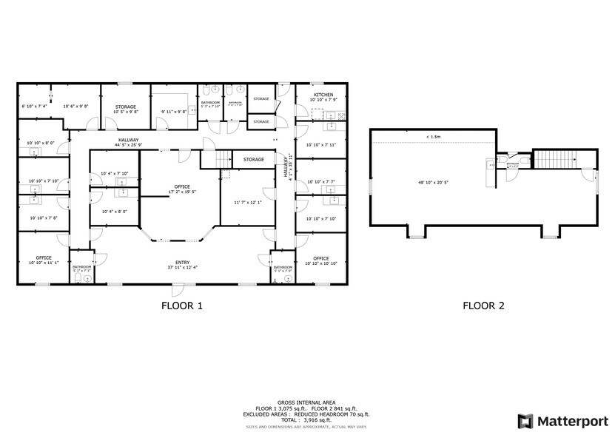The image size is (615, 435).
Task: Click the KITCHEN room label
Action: [x=323, y=95]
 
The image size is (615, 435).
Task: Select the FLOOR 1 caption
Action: [x=181, y=305]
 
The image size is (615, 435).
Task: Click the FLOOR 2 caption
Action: [x=483, y=305]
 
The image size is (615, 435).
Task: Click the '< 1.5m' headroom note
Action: [x=434, y=137]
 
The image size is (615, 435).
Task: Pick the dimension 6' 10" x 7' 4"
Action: [x=34, y=107]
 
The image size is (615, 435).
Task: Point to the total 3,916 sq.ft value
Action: [x=307, y=419]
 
